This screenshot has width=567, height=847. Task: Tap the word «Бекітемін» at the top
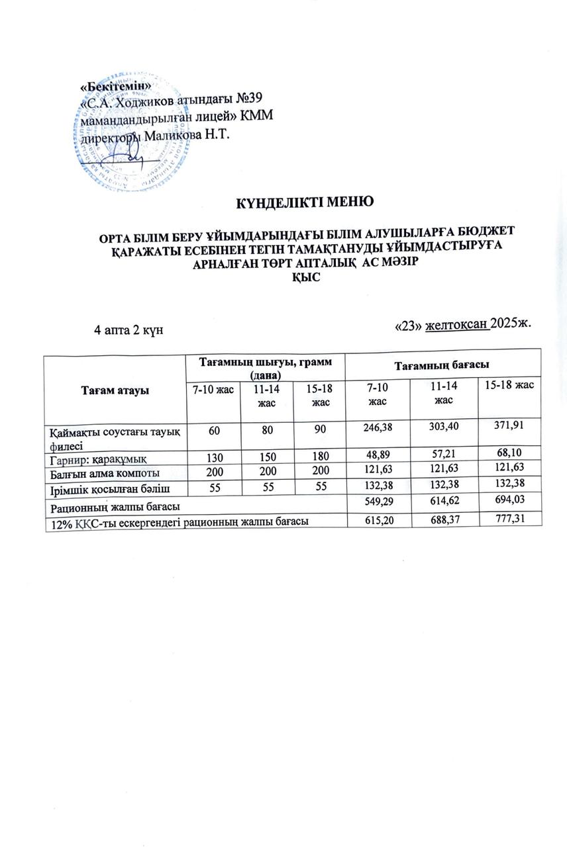coord(115,87)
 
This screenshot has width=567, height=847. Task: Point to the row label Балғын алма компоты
coord(105,472)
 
